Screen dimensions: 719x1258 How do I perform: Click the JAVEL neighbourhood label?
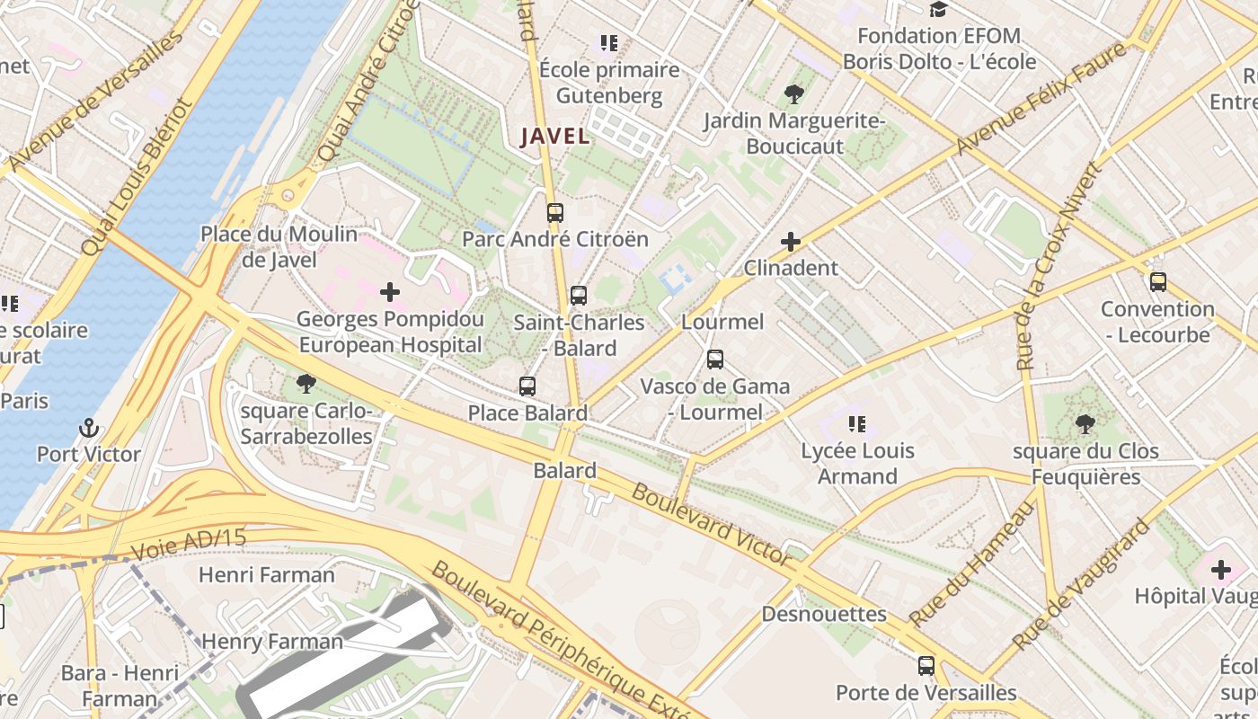coord(555,137)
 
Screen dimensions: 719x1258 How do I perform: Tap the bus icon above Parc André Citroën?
coord(555,213)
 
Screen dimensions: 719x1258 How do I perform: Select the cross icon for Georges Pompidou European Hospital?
coord(390,292)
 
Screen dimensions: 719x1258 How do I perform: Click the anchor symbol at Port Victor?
coord(88,428)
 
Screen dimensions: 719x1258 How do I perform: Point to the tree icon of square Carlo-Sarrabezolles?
coord(306,385)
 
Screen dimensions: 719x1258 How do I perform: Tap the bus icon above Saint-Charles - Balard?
coord(579,296)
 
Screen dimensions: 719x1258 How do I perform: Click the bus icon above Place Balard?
coord(527,386)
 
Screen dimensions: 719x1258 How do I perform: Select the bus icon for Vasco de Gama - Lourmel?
coord(715,359)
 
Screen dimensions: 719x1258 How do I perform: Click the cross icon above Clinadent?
coord(791,242)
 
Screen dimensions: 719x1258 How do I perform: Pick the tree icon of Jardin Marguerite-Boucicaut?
coord(793,93)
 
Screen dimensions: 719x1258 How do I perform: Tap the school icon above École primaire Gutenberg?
coord(609,42)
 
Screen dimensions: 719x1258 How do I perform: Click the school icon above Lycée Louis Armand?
coord(856,423)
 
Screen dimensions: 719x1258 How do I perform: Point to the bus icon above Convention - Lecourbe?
coord(1158,282)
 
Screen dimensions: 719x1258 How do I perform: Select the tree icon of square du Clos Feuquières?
coord(1085,423)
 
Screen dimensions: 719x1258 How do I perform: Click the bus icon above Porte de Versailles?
coord(926,666)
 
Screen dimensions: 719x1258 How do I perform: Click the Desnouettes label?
coord(824,615)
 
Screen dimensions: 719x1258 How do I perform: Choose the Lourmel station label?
coord(723,322)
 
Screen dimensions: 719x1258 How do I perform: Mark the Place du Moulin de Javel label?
coord(279,247)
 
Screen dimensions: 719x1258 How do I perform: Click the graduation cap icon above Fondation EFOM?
coord(938,10)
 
